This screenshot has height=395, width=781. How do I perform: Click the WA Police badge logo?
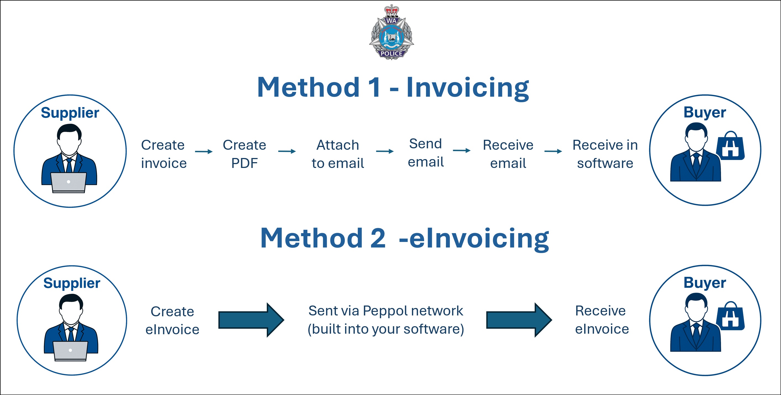pyautogui.click(x=391, y=33)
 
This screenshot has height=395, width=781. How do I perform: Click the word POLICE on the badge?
pyautogui.click(x=391, y=54)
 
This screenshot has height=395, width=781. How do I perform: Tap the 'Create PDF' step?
pyautogui.click(x=244, y=154)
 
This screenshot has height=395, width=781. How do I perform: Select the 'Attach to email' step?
pyautogui.click(x=338, y=154)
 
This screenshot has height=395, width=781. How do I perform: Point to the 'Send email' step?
pyautogui.click(x=425, y=153)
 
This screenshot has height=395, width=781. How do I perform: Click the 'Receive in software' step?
pyautogui.click(x=605, y=154)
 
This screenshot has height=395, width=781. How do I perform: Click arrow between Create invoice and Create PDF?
pyautogui.click(x=204, y=151)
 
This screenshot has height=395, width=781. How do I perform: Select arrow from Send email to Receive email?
pyautogui.click(x=461, y=151)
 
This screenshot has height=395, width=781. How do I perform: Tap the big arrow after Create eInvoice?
pyautogui.click(x=251, y=320)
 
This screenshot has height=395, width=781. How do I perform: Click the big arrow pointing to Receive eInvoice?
pyautogui.click(x=519, y=320)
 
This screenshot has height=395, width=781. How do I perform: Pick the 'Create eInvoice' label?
pyautogui.click(x=172, y=320)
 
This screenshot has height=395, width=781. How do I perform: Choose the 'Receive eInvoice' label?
pyautogui.click(x=602, y=320)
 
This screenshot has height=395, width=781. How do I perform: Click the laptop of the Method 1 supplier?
pyautogui.click(x=69, y=182)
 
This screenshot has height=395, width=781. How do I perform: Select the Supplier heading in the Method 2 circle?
pyautogui.click(x=72, y=283)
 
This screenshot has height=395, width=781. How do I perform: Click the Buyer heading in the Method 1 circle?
pyautogui.click(x=705, y=112)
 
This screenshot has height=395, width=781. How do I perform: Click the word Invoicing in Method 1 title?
pyautogui.click(x=467, y=88)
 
